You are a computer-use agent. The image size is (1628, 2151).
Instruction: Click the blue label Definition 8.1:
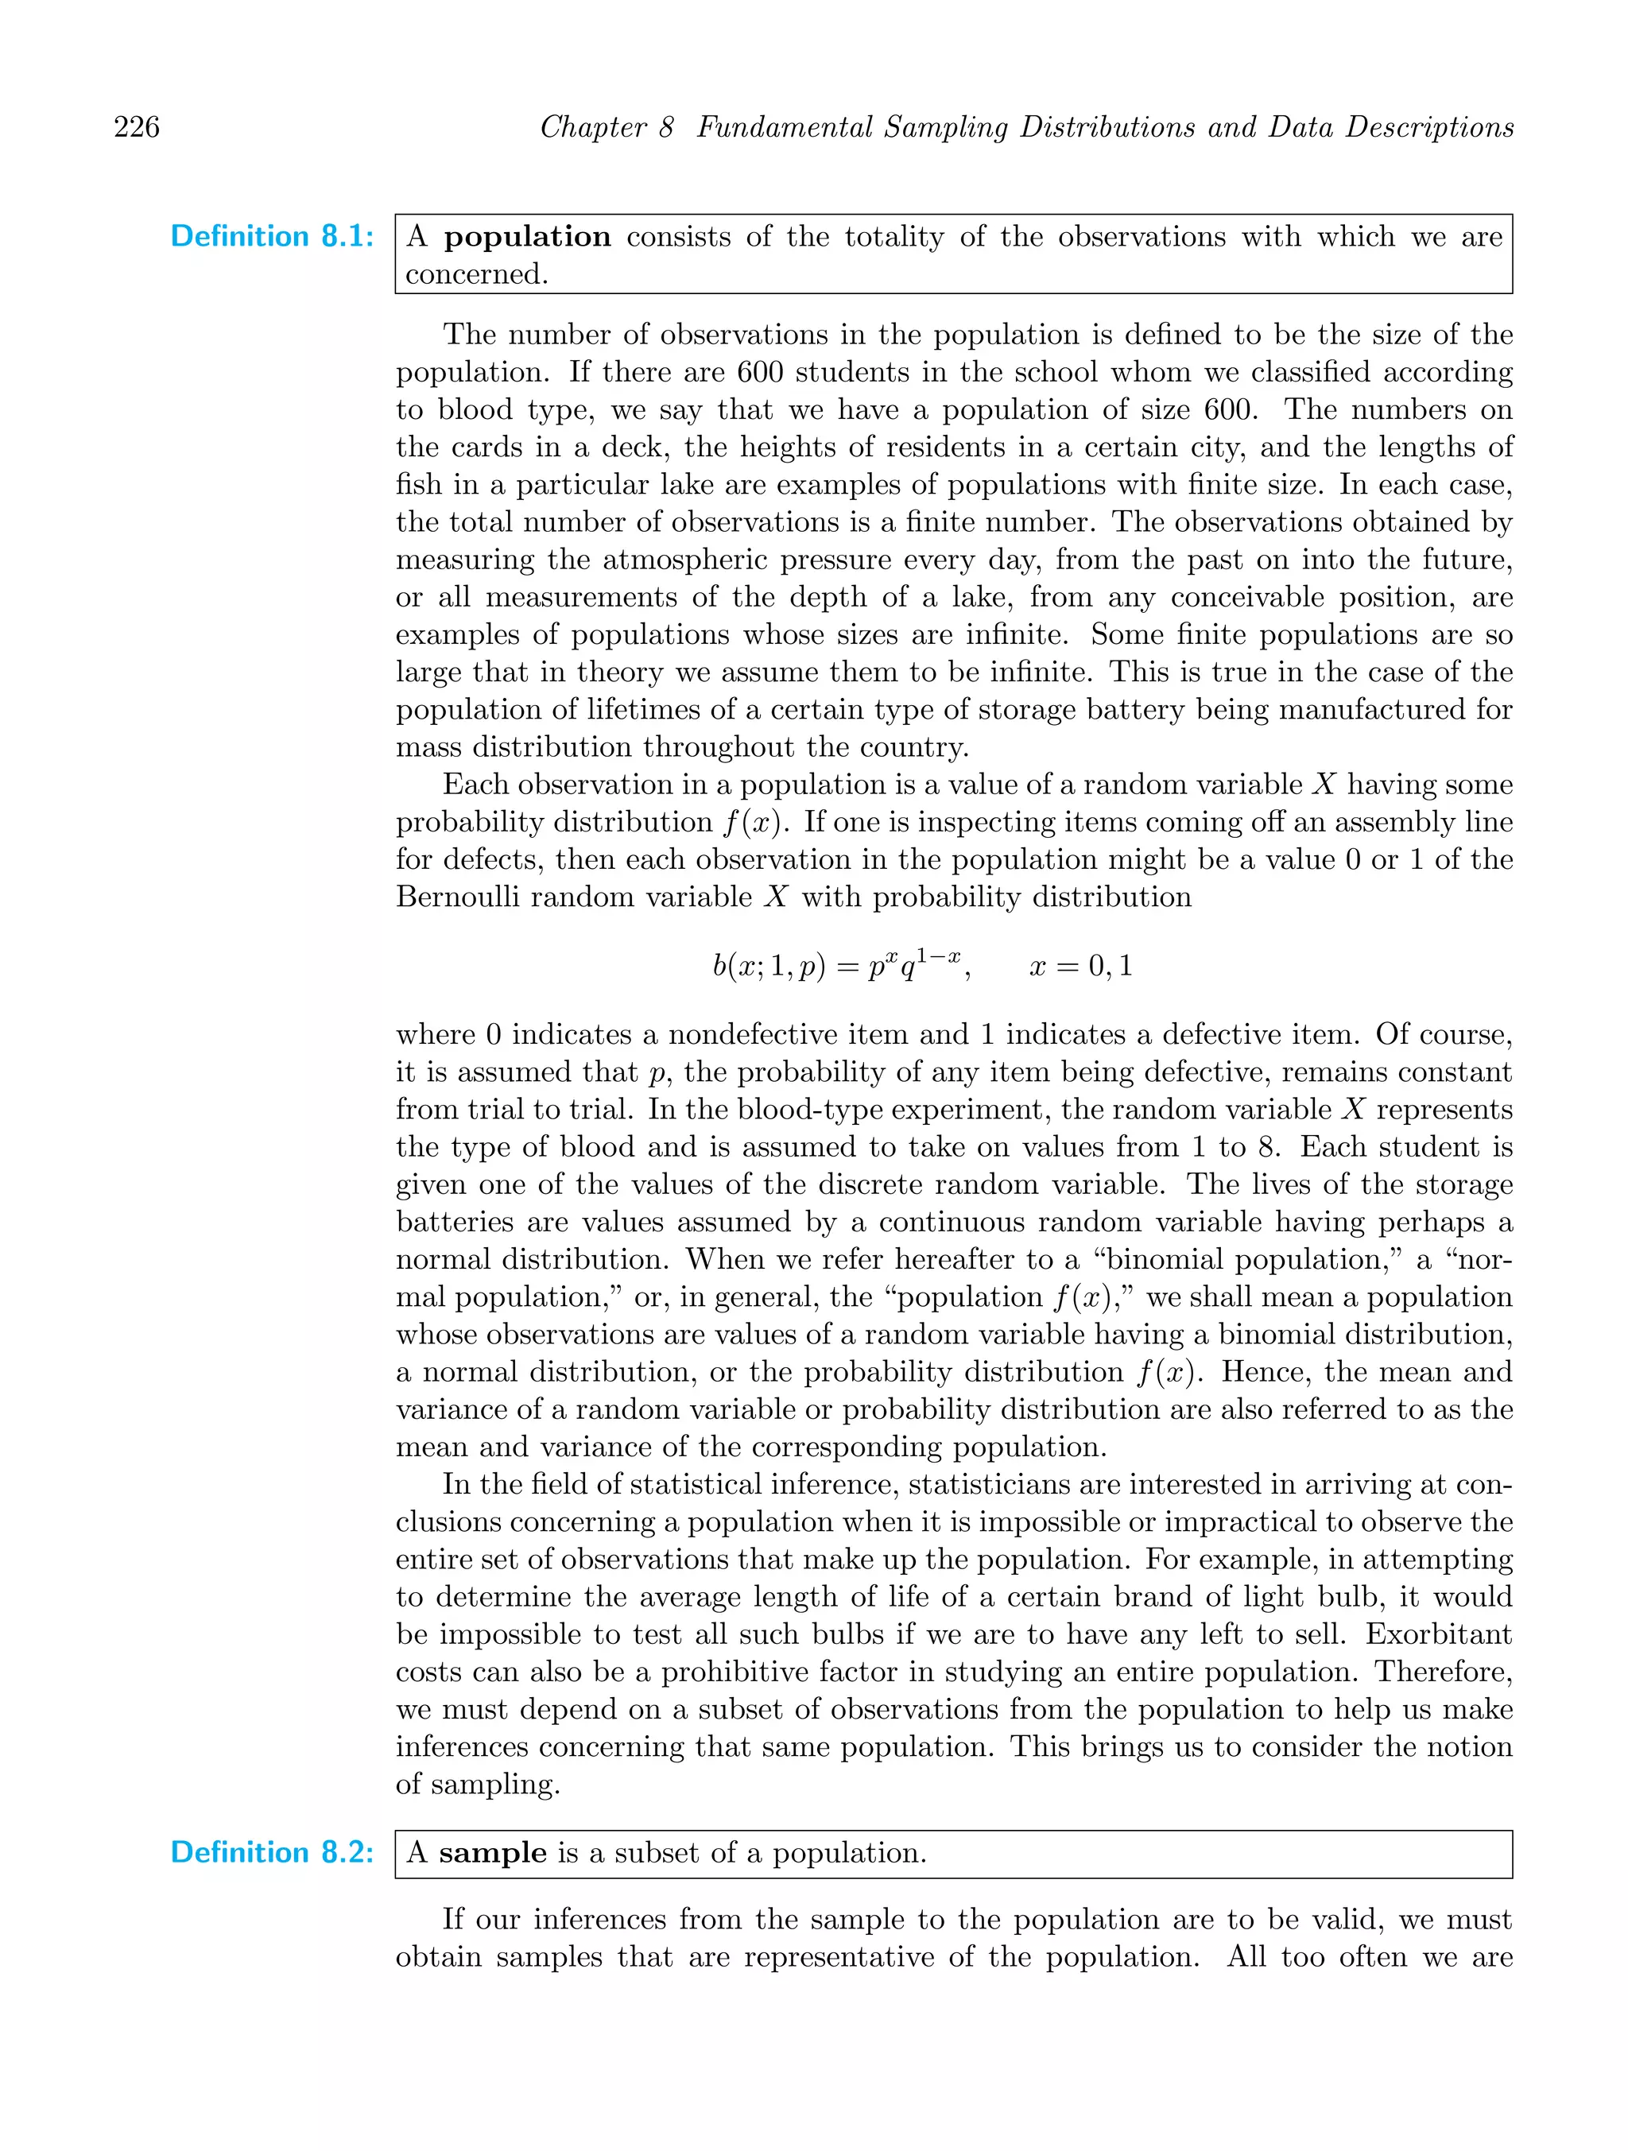[x=273, y=236]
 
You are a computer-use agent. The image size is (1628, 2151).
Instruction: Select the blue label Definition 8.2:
[x=273, y=1852]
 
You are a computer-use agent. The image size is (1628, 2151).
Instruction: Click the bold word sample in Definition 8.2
[x=492, y=1852]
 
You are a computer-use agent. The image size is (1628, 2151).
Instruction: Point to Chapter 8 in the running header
[x=606, y=127]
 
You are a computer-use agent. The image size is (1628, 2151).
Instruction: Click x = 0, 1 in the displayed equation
[x=1080, y=967]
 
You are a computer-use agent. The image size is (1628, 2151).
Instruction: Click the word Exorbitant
[x=1438, y=1634]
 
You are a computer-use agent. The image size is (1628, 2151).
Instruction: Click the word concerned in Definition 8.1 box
[x=476, y=274]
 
